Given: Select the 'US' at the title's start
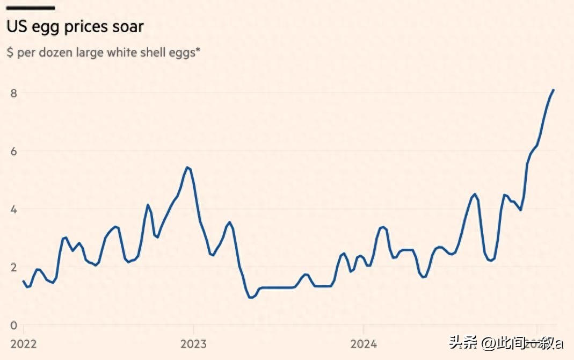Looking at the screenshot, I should click(16, 26).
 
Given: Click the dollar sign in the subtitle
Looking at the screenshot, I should click(10, 53).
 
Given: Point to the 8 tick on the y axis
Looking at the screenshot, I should click(14, 93).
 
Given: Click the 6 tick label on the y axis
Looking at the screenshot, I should click(14, 151).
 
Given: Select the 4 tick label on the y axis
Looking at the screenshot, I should click(14, 209).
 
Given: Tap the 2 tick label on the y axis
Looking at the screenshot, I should click(14, 267).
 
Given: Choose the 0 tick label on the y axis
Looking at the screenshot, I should click(14, 325).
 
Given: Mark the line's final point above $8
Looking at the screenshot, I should click(554, 90).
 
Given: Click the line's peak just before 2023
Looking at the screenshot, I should click(187, 167).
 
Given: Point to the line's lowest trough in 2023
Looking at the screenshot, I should click(251, 297).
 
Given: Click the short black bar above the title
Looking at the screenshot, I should click(30, 8).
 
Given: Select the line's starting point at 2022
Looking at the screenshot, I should click(24, 281).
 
